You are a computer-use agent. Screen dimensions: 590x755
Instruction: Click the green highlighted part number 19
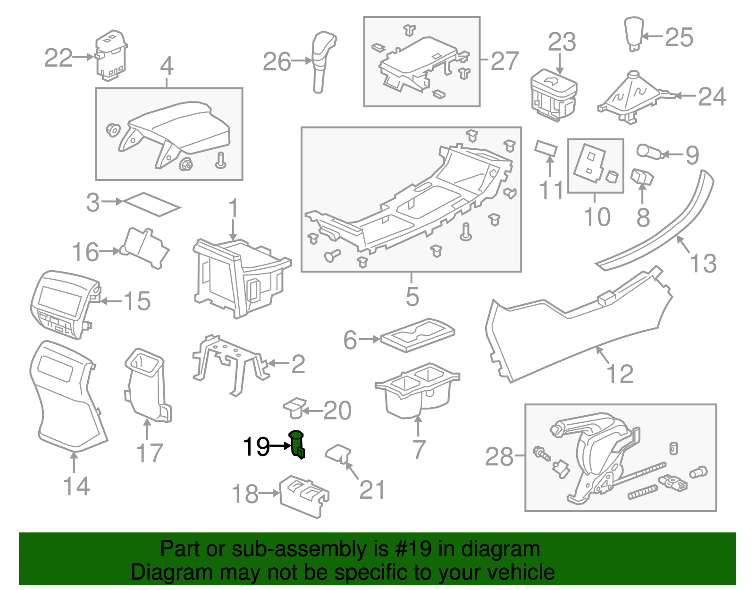pos(297,445)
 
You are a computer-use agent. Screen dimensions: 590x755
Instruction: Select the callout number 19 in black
pos(256,446)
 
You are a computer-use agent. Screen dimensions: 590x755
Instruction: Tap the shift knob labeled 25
pos(634,33)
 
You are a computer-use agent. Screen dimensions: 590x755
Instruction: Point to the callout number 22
pos(59,58)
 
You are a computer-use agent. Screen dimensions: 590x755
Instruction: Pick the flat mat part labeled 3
pos(151,204)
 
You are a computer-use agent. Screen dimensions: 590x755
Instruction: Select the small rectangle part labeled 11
pos(546,148)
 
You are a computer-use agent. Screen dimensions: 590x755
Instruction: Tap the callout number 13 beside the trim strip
pos(703,263)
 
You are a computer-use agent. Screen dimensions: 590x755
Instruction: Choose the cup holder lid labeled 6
pos(418,334)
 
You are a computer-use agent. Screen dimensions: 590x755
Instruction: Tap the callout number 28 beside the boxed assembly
pos(499,457)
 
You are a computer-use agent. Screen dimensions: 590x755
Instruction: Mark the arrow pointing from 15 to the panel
pos(111,301)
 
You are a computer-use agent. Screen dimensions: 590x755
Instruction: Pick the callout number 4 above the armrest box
pos(167,66)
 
